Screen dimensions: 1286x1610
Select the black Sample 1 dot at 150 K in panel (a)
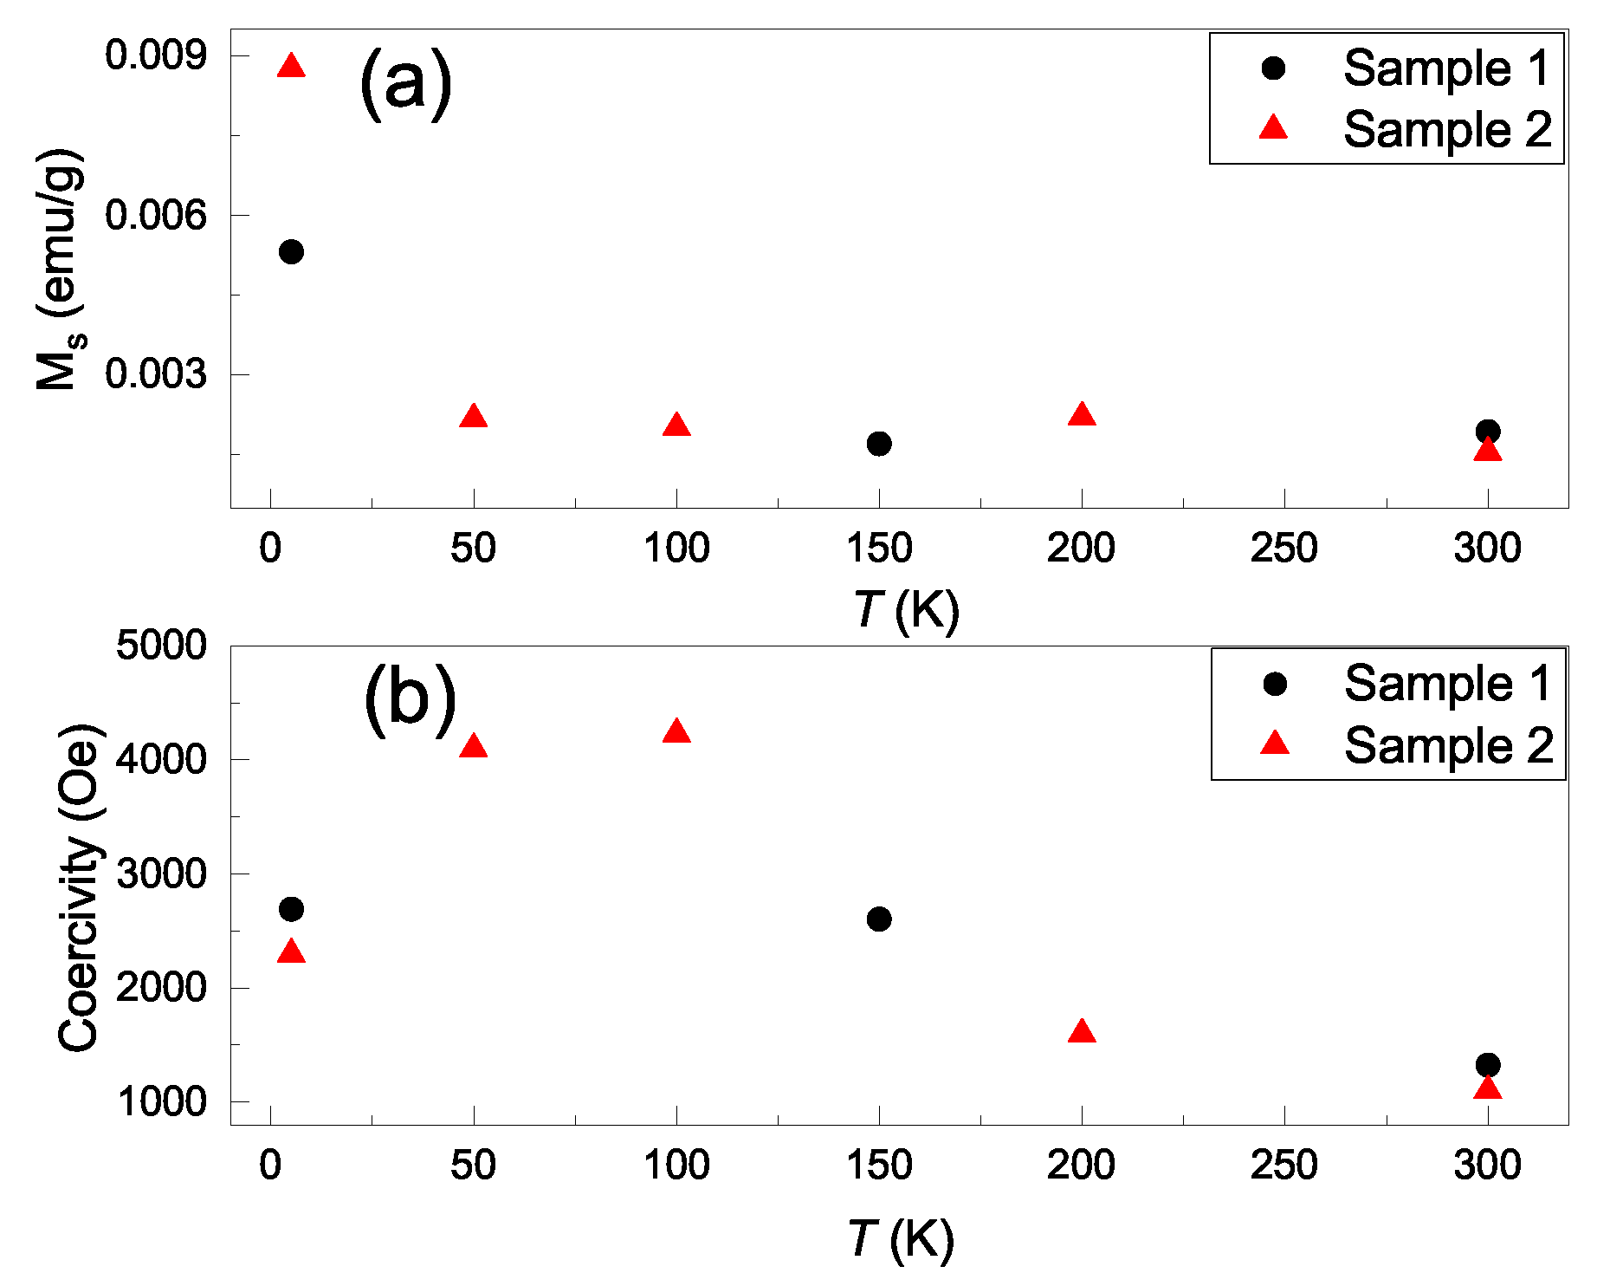pos(879,444)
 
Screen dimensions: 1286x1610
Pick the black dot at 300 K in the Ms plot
pos(1488,431)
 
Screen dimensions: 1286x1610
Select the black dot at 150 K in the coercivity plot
pos(879,919)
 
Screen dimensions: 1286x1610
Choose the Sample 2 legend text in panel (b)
pos(1448,745)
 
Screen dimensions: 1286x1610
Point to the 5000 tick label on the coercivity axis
pos(162,646)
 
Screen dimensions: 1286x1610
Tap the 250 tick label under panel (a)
pos(1283,548)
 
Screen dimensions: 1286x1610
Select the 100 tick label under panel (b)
pos(676,1165)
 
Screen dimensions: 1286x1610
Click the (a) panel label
pos(405,83)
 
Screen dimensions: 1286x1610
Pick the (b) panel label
pos(410,698)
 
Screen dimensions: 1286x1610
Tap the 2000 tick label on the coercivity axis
pos(162,987)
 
